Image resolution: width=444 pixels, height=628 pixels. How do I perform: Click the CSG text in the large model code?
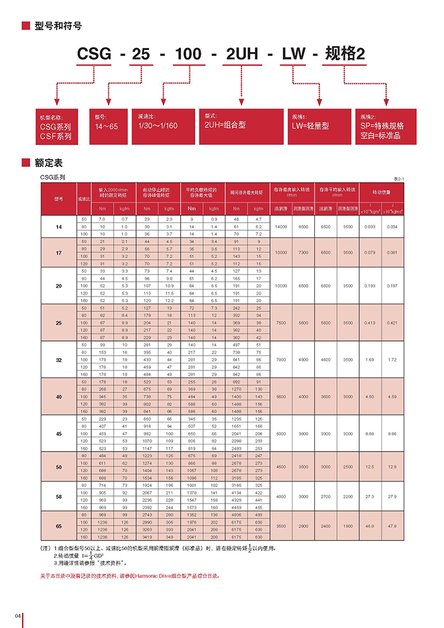click(95, 55)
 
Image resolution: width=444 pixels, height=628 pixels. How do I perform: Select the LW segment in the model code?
click(294, 55)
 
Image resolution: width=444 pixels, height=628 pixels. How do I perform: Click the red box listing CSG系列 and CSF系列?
click(57, 125)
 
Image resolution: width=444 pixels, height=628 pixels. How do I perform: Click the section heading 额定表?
click(49, 162)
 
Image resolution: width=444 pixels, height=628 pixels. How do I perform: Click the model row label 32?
click(58, 360)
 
